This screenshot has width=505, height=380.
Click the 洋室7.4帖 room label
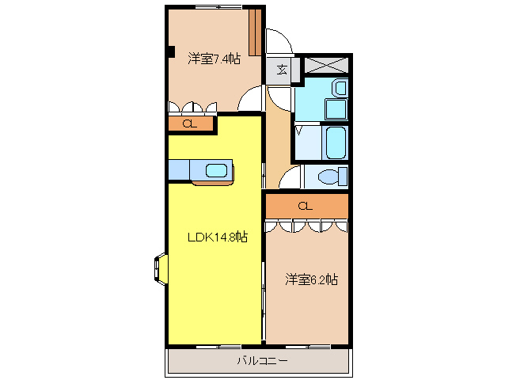[x=214, y=59]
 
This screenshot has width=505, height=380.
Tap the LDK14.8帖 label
[x=217, y=237]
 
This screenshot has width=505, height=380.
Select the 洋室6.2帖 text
[x=312, y=279]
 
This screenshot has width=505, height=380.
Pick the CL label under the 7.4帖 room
[x=190, y=123]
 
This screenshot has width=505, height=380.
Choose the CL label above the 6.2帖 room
[x=306, y=206]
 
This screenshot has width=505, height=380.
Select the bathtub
[x=336, y=144]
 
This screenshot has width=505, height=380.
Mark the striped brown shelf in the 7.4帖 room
[x=255, y=31]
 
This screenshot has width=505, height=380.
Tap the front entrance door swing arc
[x=279, y=41]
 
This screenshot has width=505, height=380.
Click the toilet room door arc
[x=288, y=177]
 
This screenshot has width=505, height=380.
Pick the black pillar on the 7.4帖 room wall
[x=169, y=53]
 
